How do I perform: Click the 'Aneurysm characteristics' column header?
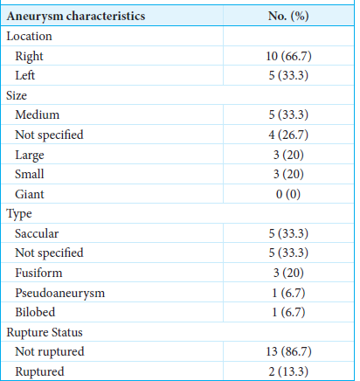(x=76, y=17)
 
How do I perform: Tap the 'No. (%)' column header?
(x=288, y=16)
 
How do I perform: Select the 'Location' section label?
(x=29, y=37)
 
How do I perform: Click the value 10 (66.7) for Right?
(x=288, y=56)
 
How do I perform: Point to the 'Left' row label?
(x=25, y=75)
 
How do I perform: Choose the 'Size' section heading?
(x=17, y=95)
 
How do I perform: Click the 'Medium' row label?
(x=38, y=114)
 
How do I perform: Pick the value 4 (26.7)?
(x=288, y=135)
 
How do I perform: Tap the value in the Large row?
(x=288, y=155)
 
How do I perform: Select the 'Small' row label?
(x=30, y=174)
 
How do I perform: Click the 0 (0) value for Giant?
(x=288, y=194)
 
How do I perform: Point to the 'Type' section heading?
(x=19, y=214)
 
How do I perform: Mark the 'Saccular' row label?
(x=37, y=233)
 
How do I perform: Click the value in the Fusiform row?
(x=288, y=273)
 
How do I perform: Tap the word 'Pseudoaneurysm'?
(x=60, y=293)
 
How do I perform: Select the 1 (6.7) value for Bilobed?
(x=288, y=312)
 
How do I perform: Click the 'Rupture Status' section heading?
(x=45, y=333)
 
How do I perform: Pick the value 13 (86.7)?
(x=288, y=351)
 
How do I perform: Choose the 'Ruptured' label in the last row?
(x=39, y=372)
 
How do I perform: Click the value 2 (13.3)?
(x=288, y=371)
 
